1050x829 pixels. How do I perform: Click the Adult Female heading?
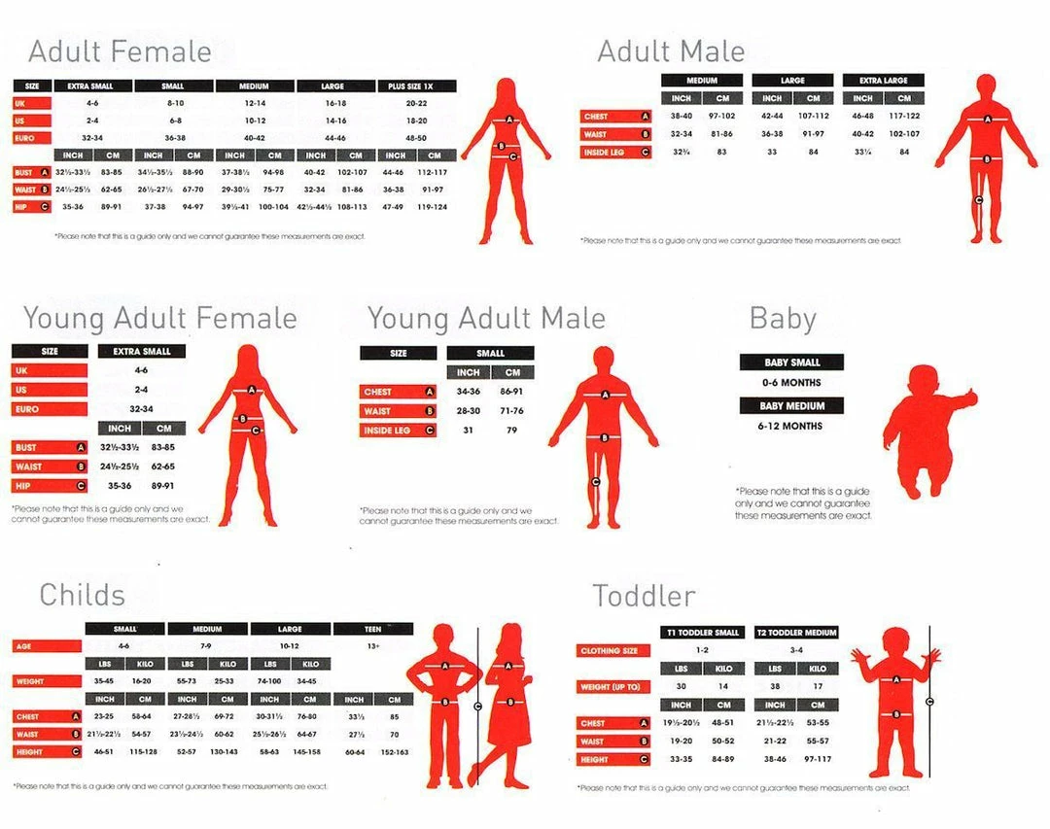[120, 52]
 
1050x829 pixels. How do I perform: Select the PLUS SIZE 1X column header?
[414, 86]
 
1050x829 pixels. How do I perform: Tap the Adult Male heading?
[671, 52]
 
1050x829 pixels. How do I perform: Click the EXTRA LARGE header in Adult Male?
[883, 81]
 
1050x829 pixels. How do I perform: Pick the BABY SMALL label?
[791, 363]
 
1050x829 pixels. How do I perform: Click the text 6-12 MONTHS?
[790, 426]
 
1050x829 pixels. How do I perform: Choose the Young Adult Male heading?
[486, 319]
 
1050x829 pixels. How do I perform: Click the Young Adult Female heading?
[160, 319]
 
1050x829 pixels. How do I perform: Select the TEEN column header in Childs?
[372, 629]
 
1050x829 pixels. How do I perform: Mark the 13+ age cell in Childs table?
[372, 646]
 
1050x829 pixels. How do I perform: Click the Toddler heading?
[644, 595]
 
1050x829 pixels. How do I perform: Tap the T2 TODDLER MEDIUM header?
[796, 633]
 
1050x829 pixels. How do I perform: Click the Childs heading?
[82, 595]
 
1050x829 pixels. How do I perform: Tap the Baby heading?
[783, 319]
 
